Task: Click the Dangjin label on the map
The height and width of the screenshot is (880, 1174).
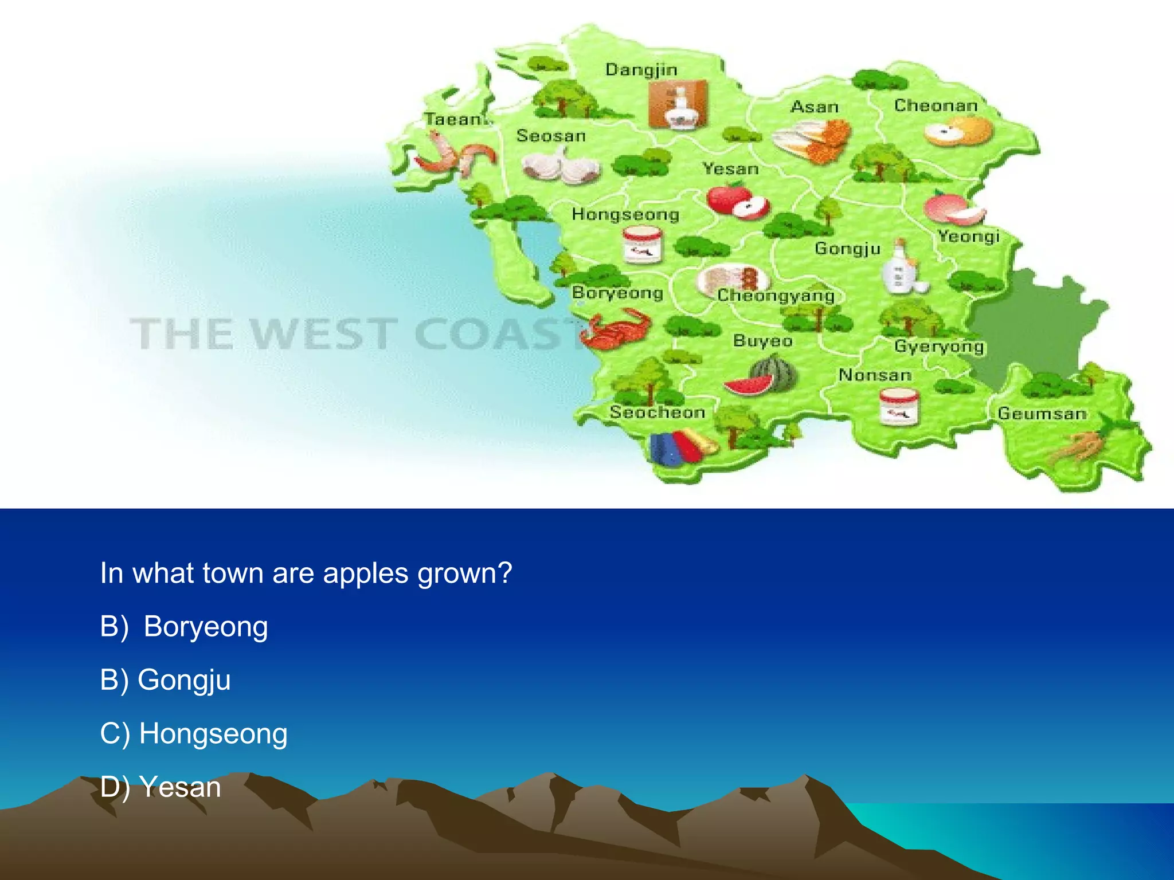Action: coord(641,70)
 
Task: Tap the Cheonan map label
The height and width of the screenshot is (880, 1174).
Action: coord(936,105)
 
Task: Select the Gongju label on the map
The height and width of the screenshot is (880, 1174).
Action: coord(847,248)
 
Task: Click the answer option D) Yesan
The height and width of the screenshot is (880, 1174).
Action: coord(161,787)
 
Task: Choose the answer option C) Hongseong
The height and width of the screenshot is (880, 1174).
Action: coord(194,733)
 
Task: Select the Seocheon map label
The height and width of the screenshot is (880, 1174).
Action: coord(657,412)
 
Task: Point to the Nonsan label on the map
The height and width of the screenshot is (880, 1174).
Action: coord(875,375)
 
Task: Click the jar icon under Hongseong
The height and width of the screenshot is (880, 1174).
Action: coord(643,245)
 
